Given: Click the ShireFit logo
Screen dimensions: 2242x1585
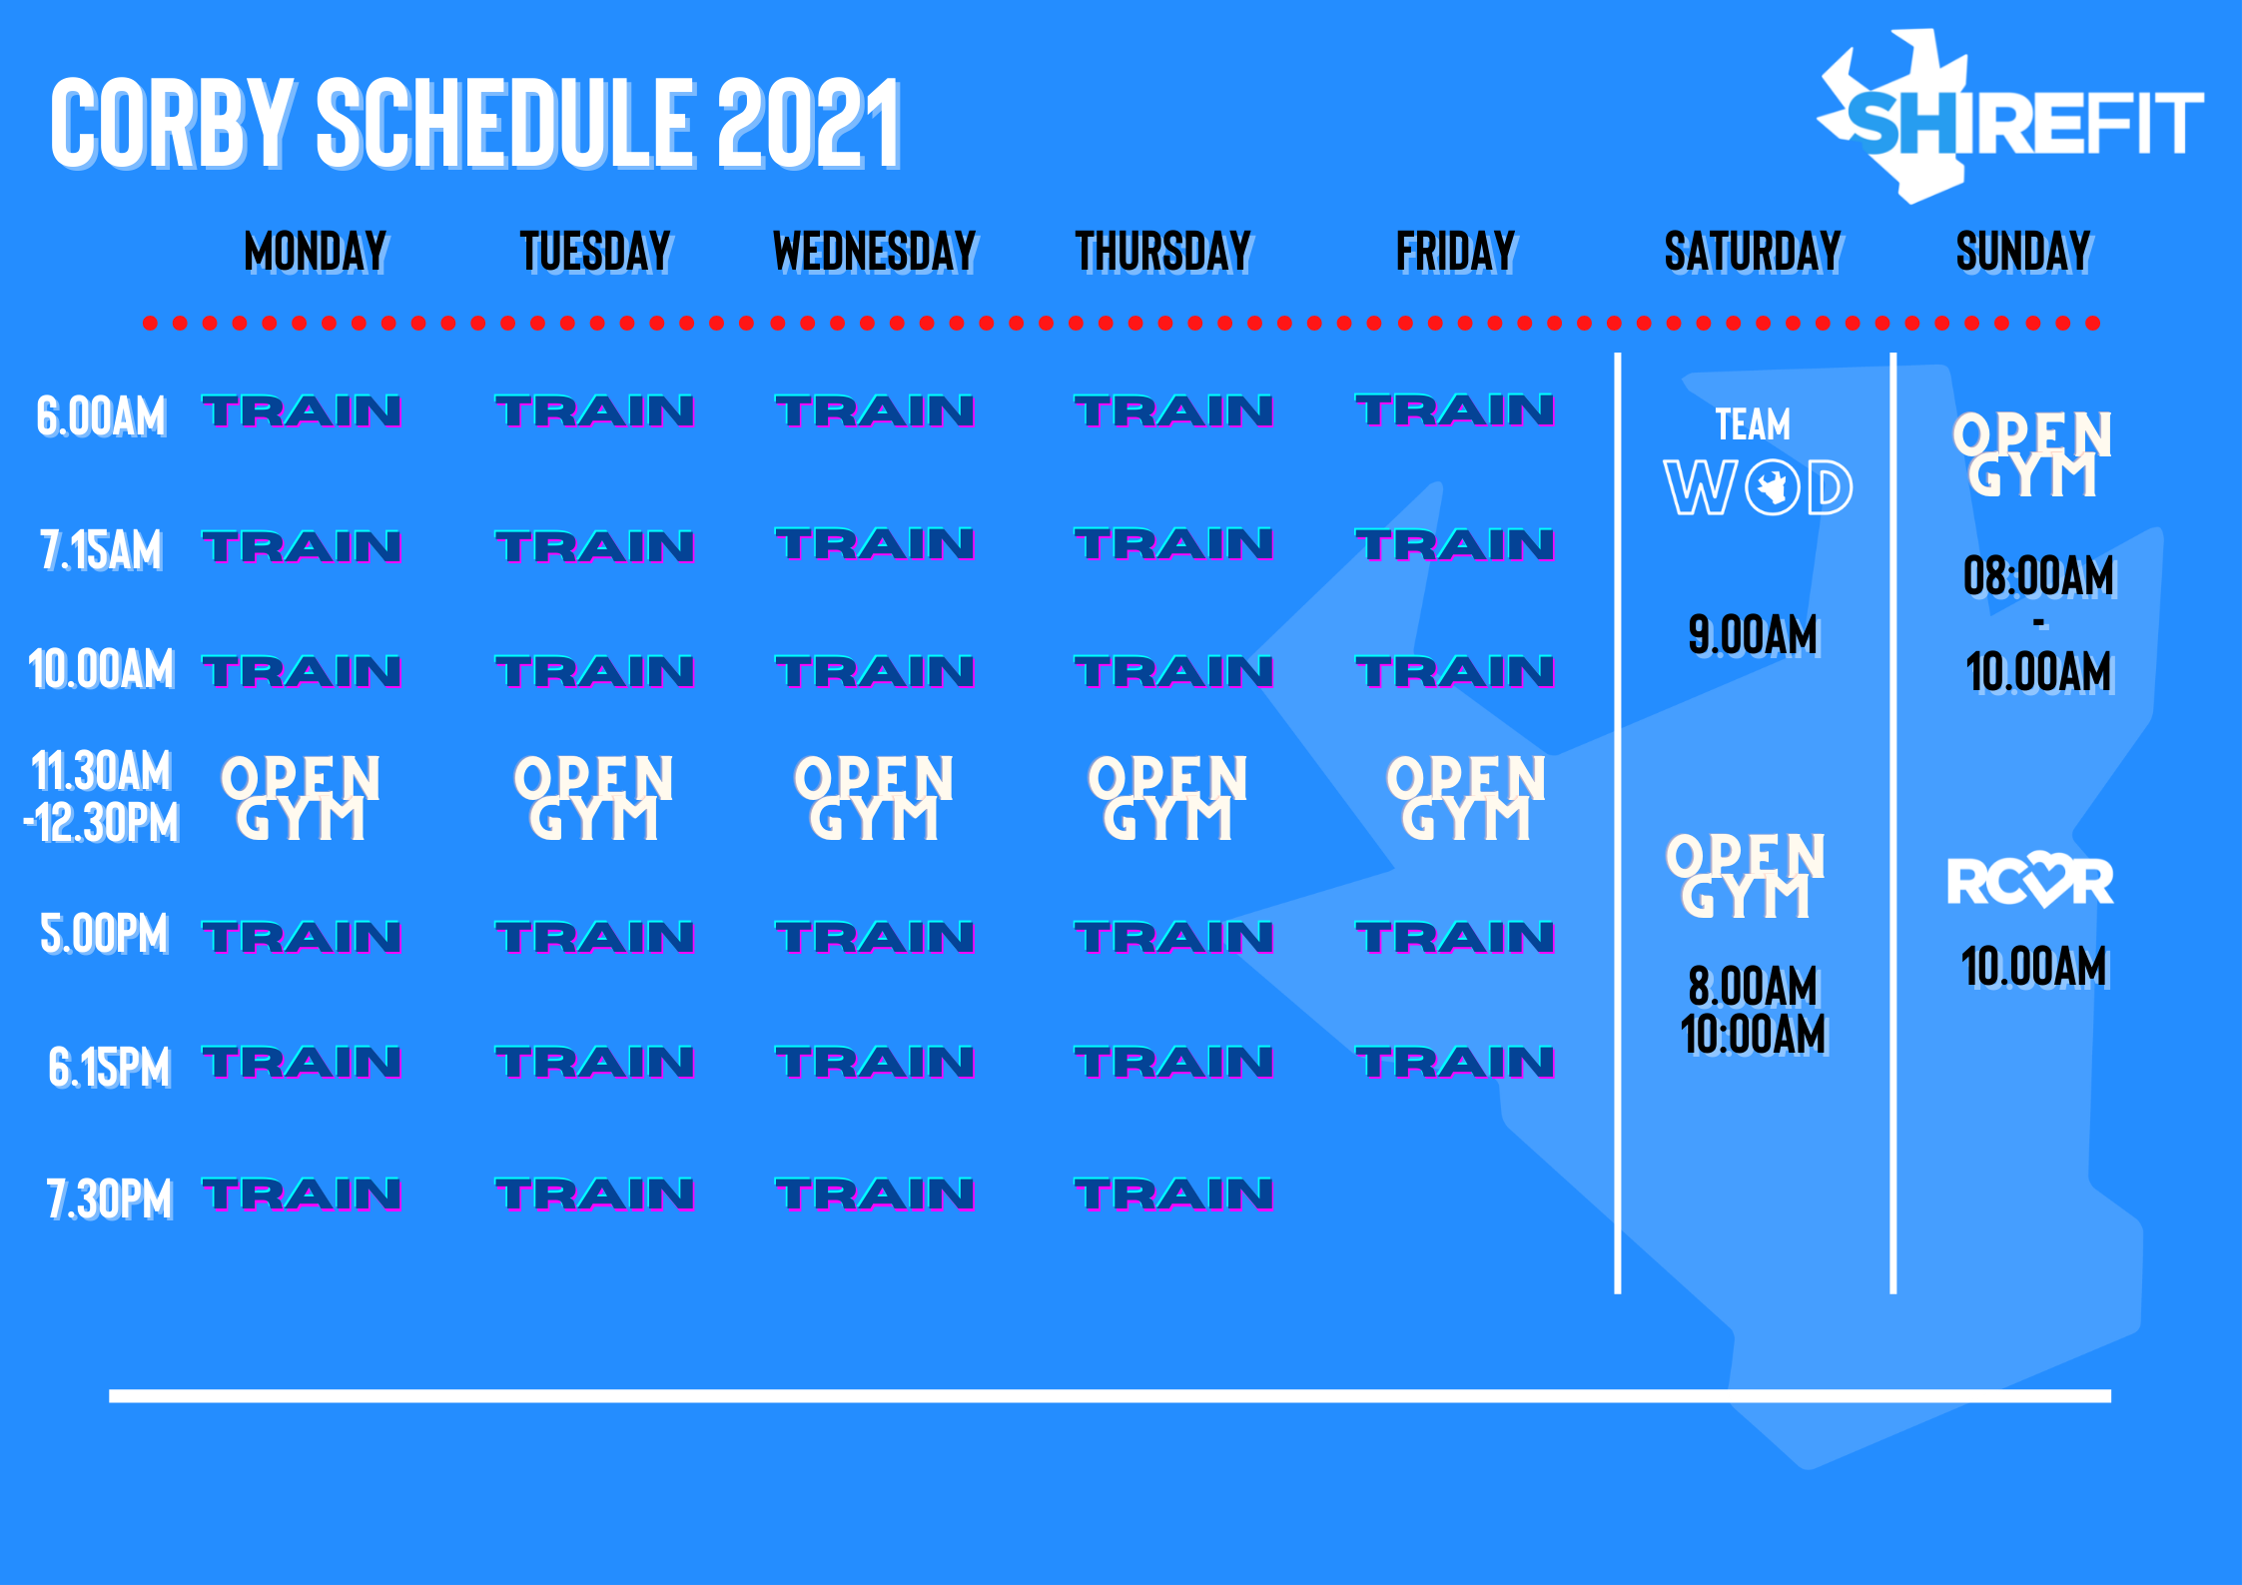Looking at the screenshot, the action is coord(2009,118).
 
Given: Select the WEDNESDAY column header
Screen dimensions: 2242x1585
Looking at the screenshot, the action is coord(875,252).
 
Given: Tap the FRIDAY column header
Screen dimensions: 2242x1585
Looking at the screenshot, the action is coord(1456,252).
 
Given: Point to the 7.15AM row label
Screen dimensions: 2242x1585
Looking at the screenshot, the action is coord(101,550).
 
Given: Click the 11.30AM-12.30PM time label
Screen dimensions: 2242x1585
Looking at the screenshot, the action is coord(101,797).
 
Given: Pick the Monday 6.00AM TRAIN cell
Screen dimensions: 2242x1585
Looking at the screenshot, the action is coord(302,410).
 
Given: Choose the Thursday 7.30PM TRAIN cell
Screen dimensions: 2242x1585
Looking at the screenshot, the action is coord(1174,1194).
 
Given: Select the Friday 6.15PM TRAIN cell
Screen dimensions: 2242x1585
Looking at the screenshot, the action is coord(1455,1062).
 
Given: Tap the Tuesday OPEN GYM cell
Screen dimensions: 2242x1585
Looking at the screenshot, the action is coord(594,797).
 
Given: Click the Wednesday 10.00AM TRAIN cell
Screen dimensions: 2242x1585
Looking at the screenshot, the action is coord(875,671).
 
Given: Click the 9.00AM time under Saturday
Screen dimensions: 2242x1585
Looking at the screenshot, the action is coord(1754,636).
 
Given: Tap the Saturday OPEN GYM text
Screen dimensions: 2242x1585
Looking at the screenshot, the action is coord(1746,876).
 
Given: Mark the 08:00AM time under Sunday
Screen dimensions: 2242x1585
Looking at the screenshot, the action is coord(2039,576).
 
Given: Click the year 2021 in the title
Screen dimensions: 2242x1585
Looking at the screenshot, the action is coord(810,124).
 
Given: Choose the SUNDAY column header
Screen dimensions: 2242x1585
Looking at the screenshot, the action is coord(2023,252).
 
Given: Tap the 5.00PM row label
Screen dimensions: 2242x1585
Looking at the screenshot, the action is coord(104,934).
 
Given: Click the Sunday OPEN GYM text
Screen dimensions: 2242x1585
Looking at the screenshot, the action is coord(2033,454).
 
